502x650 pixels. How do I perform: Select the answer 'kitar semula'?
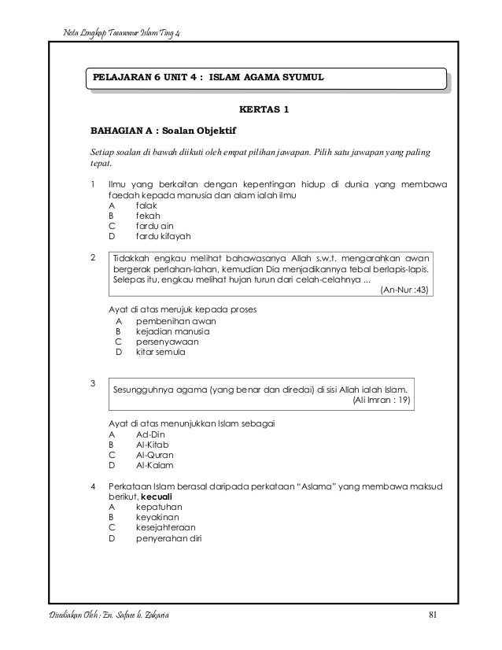161,353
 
